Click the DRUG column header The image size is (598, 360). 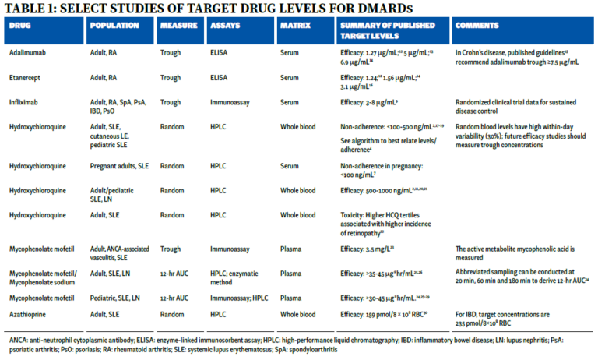click(x=20, y=25)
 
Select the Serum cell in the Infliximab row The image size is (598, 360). click(x=290, y=101)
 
